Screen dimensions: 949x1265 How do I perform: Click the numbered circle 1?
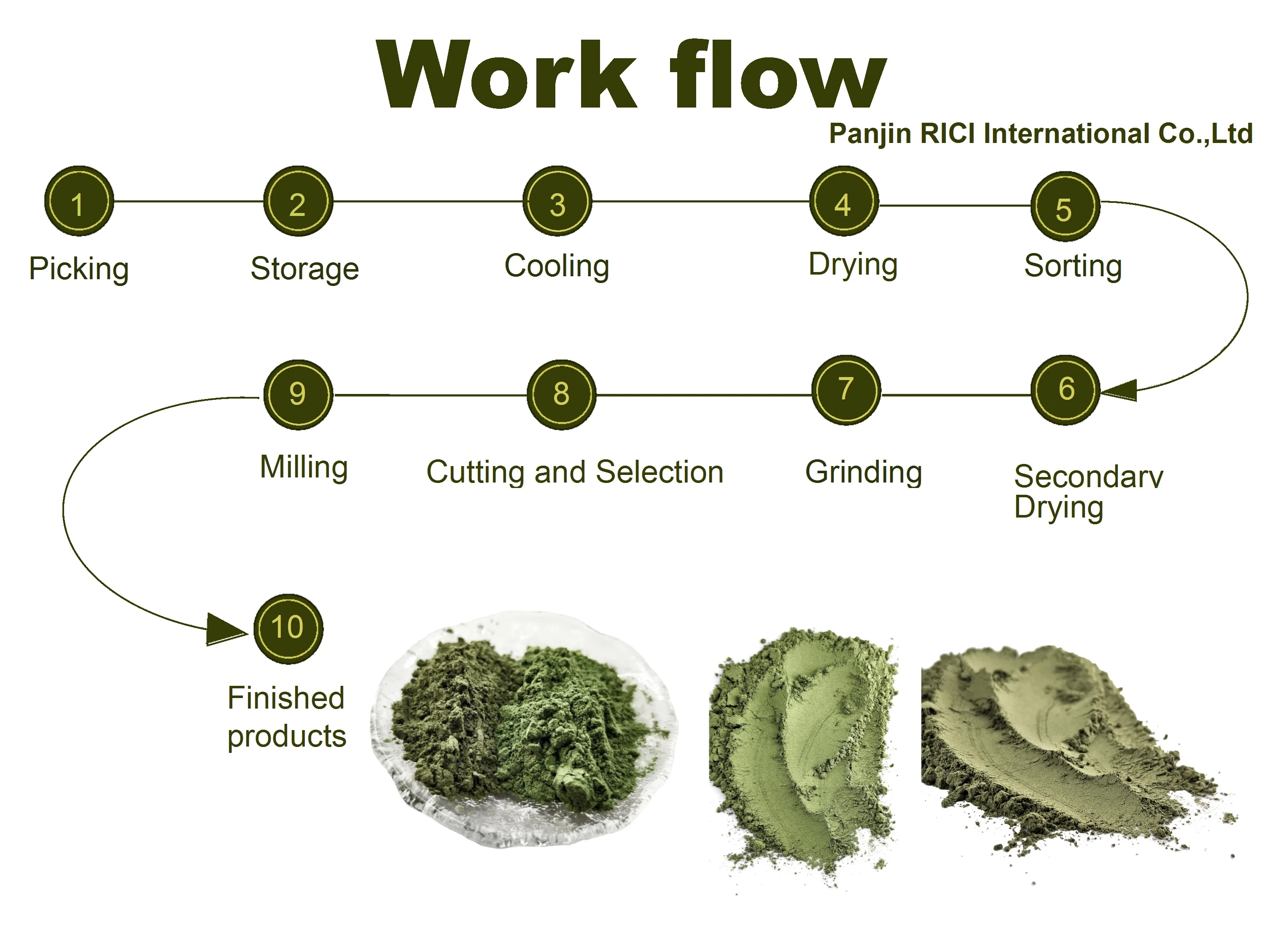(79, 201)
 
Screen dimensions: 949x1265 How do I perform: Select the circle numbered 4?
(843, 201)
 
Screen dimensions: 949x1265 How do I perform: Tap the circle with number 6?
(1066, 390)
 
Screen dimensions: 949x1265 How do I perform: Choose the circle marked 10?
(288, 628)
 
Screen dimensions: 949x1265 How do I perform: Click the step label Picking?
(79, 269)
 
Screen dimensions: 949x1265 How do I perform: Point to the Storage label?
(305, 269)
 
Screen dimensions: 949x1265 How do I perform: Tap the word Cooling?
(557, 266)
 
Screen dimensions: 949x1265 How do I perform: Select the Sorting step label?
(1073, 266)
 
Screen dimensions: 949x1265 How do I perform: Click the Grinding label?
(864, 472)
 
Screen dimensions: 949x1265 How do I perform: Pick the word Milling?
(304, 467)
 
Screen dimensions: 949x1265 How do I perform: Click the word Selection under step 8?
(659, 472)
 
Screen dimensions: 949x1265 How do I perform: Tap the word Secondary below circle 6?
(1088, 477)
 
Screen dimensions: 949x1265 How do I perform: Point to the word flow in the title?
(778, 74)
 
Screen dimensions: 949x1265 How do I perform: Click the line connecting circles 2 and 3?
(428, 201)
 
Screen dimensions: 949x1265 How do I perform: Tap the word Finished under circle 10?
(286, 698)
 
